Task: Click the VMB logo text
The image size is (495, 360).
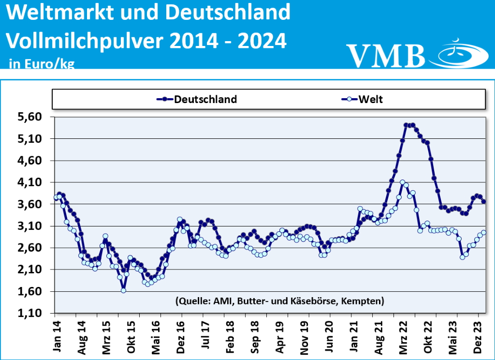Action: [386, 55]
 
